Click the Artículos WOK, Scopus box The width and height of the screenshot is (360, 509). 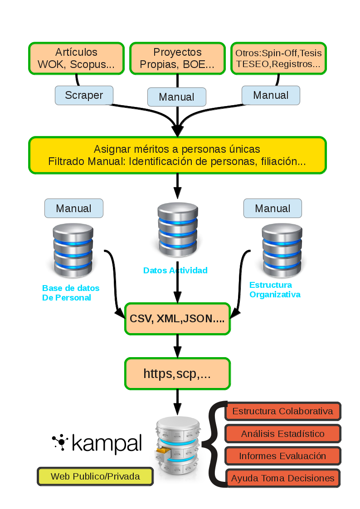76,58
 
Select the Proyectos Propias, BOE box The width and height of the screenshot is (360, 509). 177,58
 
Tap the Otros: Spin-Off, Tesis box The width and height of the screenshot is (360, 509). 278,58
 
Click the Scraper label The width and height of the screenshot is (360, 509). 84,95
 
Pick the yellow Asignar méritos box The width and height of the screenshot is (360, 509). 178,155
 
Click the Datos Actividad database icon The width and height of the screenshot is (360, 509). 178,230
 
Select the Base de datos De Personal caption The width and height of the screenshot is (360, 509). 71,293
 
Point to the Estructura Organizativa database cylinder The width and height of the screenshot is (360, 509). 282,251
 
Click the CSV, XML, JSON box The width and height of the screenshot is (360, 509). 177,319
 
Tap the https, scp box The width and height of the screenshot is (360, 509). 177,373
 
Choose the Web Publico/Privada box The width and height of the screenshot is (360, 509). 95,476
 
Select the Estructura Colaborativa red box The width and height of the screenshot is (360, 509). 282,412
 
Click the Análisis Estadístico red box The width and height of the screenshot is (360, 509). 282,434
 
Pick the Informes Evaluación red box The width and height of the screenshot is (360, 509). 282,456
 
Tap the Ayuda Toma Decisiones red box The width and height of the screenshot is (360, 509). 282,478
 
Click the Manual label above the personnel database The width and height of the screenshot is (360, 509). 73,208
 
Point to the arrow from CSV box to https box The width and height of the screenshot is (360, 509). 177,346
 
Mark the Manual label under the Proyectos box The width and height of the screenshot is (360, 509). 177,97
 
